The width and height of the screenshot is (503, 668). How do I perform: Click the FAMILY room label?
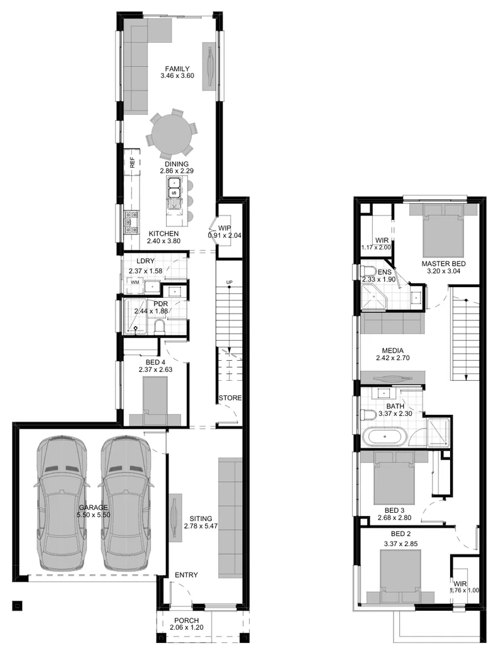click(177, 68)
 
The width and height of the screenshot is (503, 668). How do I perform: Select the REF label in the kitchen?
click(132, 162)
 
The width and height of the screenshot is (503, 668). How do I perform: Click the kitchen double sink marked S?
click(174, 187)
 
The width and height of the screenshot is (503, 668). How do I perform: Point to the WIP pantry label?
click(224, 228)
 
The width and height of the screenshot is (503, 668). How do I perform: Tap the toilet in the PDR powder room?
click(160, 327)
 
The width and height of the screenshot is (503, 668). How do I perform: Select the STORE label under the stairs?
click(230, 398)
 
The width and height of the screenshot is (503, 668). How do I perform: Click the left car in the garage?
click(62, 503)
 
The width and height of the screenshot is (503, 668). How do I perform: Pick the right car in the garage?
click(126, 503)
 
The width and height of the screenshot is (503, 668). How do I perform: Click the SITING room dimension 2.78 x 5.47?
click(201, 526)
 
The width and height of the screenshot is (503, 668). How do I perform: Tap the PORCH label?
click(187, 620)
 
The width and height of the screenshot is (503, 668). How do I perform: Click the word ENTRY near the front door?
click(186, 575)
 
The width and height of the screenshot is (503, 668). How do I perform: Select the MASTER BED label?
click(444, 264)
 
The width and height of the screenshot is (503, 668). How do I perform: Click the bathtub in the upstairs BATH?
click(385, 437)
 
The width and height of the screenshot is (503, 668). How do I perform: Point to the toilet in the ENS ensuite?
click(368, 271)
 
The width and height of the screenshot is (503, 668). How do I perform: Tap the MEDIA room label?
click(393, 351)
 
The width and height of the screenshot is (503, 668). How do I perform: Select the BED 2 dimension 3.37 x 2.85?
click(401, 544)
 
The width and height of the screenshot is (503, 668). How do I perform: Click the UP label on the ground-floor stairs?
click(229, 282)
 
